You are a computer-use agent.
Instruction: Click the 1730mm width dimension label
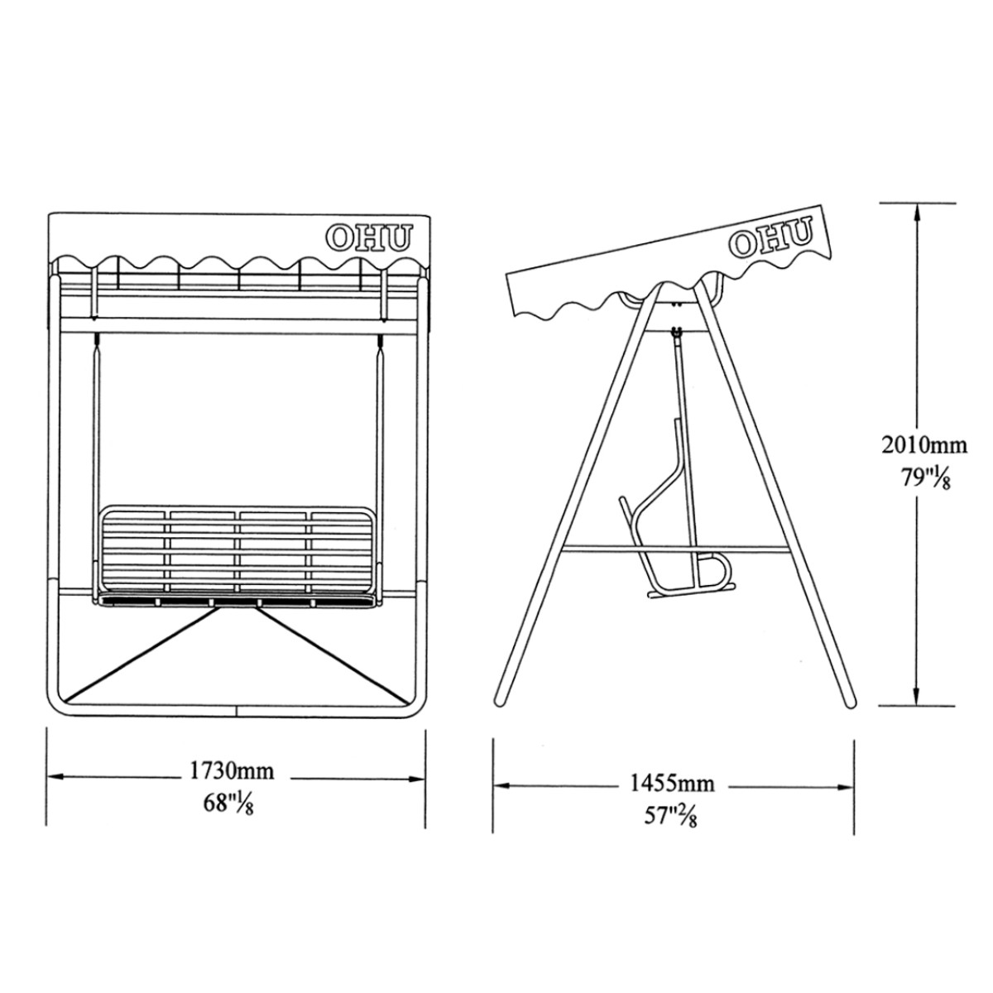click(232, 771)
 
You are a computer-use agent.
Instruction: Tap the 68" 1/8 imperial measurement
click(228, 804)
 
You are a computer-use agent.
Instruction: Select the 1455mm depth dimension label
click(673, 784)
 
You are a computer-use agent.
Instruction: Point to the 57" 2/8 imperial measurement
click(670, 816)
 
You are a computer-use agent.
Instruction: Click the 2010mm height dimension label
click(924, 444)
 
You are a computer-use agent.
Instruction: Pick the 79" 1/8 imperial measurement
click(925, 477)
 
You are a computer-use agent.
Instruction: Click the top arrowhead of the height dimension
click(916, 213)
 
